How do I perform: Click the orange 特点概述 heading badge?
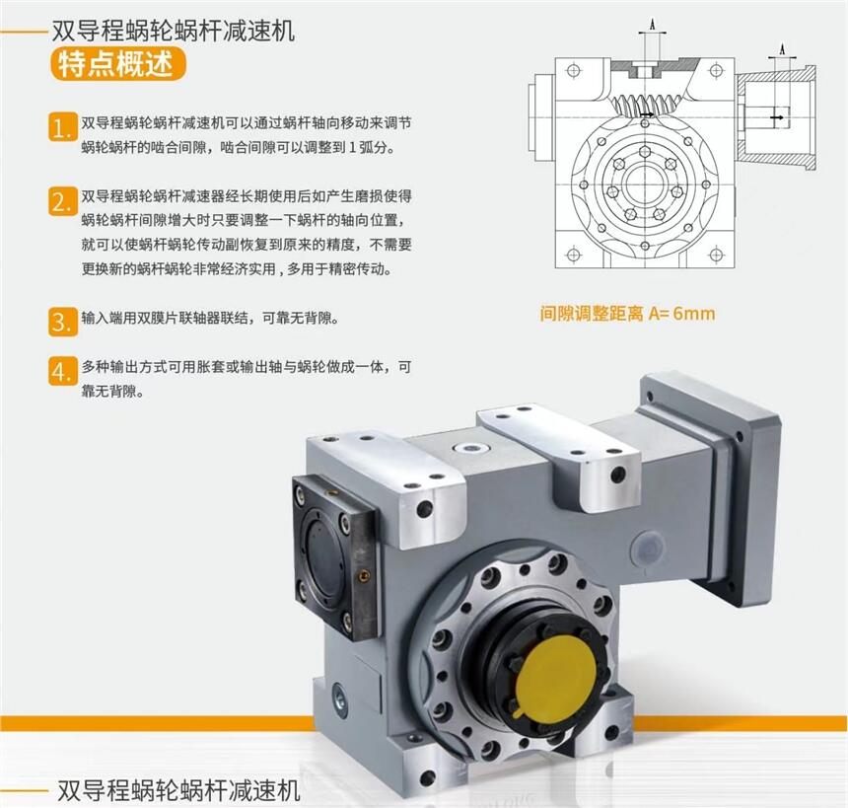tap(118, 65)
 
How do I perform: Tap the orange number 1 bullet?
tap(63, 127)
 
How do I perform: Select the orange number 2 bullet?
tap(63, 201)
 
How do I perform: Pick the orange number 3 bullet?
tap(63, 322)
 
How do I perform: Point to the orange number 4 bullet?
tap(63, 371)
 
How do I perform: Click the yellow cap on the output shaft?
tap(557, 673)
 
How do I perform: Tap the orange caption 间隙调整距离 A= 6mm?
tap(627, 313)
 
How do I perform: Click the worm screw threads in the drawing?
tap(644, 104)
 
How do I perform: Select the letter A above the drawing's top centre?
tap(652, 24)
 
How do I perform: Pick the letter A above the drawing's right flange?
tap(782, 49)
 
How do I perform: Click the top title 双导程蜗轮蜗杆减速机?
tap(174, 31)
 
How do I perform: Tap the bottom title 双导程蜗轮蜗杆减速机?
tap(178, 790)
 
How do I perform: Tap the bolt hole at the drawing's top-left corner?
tap(574, 70)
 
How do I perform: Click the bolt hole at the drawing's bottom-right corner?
tap(716, 254)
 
